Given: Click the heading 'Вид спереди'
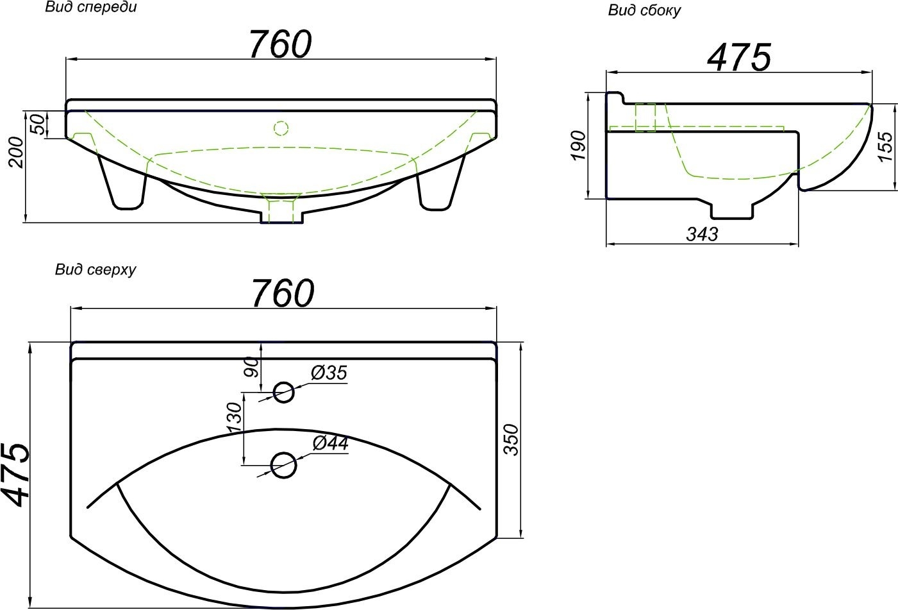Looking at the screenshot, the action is click(90, 8).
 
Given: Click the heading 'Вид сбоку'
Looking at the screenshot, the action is click(644, 11).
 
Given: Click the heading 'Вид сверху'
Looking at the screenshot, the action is click(96, 269).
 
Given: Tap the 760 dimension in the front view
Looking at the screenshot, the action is click(280, 44).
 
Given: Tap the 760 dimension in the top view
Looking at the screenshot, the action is click(283, 292).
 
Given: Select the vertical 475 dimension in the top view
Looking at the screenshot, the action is click(16, 475).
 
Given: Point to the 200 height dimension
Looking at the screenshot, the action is click(17, 152).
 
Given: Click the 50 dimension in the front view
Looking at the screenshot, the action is click(37, 124).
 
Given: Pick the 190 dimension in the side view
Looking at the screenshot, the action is click(579, 145).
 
